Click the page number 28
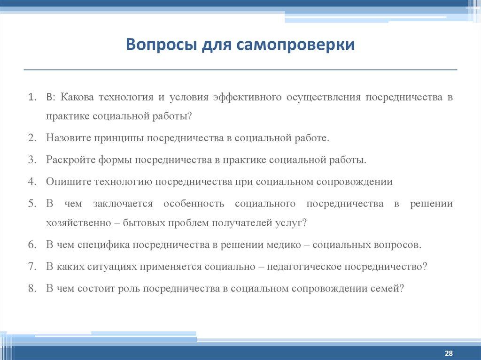(448, 352)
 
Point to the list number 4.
(32, 182)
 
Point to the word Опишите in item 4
(68, 182)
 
